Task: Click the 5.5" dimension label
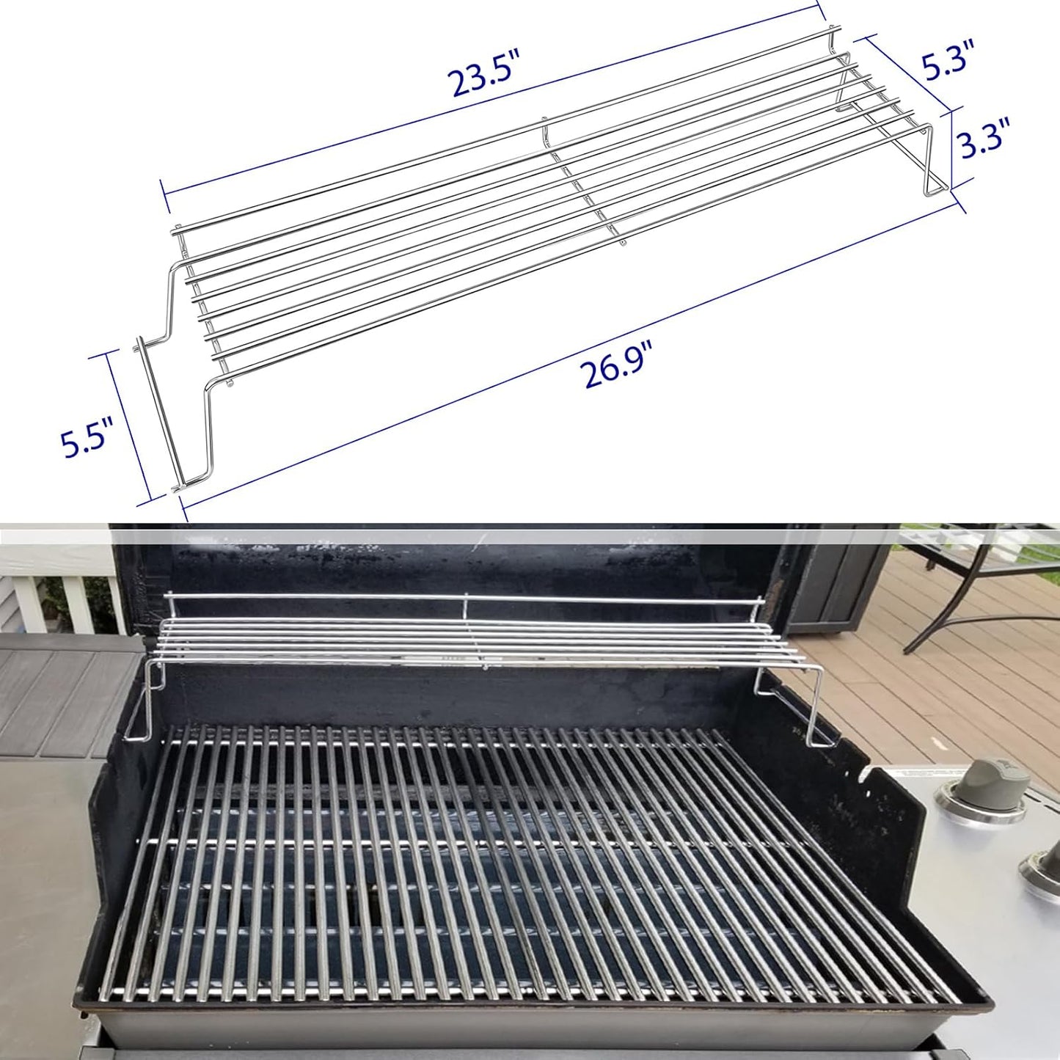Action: (x=87, y=439)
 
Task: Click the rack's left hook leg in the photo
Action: (x=143, y=701)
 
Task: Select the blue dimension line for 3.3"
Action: (x=952, y=147)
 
